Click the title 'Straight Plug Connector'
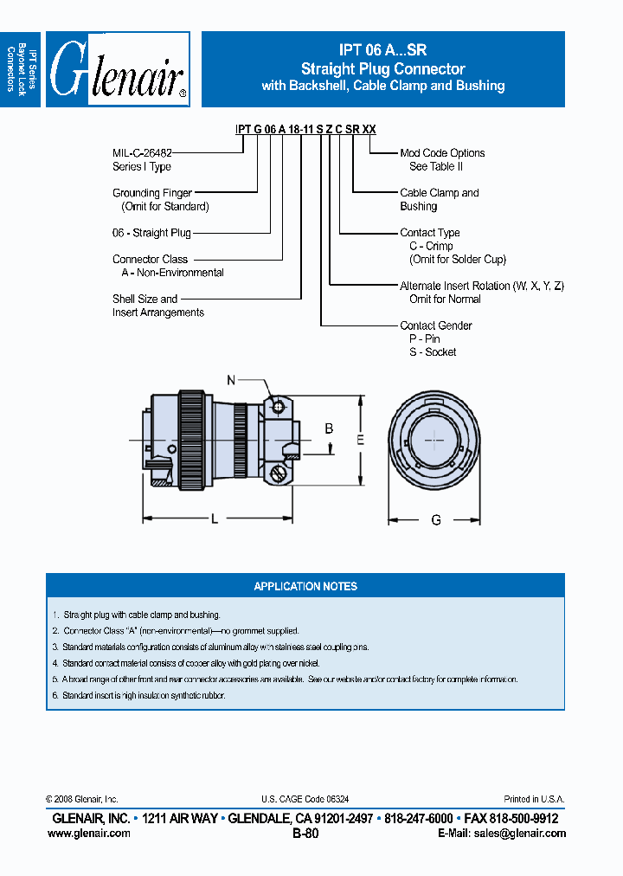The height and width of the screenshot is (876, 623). [382, 68]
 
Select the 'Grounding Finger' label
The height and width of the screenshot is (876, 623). [152, 193]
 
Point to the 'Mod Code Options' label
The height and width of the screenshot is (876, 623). [442, 153]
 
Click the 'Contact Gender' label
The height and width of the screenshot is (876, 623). [436, 325]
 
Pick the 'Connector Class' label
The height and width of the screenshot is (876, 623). [150, 259]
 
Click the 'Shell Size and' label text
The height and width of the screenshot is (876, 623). [145, 299]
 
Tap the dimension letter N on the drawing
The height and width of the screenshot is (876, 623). [231, 380]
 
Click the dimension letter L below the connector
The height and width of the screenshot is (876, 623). [214, 519]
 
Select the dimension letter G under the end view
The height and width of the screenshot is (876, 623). [436, 520]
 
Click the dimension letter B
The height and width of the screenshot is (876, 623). [329, 428]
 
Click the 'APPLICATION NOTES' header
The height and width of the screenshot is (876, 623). [305, 586]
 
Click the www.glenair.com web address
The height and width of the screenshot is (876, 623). [89, 833]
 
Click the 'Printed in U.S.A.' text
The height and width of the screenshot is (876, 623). [534, 799]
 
